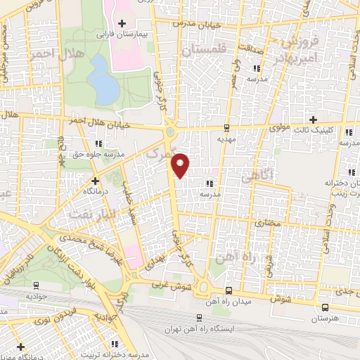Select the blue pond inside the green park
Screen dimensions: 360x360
[x=103, y=79]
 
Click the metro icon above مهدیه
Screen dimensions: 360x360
[x=226, y=127]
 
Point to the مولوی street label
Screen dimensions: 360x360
[x=281, y=129]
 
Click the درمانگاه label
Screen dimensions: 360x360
[x=78, y=190]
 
